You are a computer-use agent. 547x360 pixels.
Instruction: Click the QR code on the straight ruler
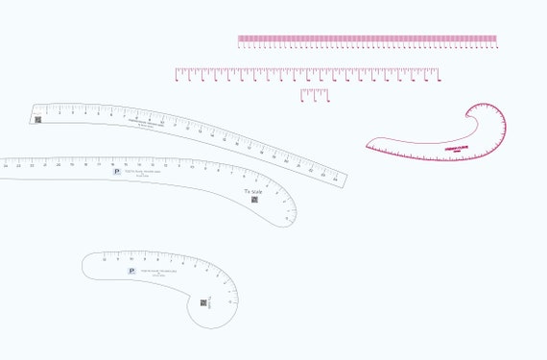click(x=38, y=120)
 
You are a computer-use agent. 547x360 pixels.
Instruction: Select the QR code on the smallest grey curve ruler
click(x=203, y=302)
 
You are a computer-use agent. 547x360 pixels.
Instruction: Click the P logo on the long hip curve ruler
click(x=117, y=171)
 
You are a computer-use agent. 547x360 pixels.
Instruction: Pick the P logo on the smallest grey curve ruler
click(x=131, y=272)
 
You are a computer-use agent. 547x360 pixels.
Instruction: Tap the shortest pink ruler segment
click(x=314, y=94)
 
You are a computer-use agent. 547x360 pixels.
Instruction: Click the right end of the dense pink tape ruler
click(x=496, y=40)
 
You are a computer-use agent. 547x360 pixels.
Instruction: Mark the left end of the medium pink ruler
click(x=177, y=73)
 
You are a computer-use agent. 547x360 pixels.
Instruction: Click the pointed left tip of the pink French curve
click(x=367, y=147)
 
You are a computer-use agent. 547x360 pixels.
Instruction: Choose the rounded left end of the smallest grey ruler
click(x=84, y=264)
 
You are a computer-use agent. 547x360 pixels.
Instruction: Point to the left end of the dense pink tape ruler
click(x=239, y=40)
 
